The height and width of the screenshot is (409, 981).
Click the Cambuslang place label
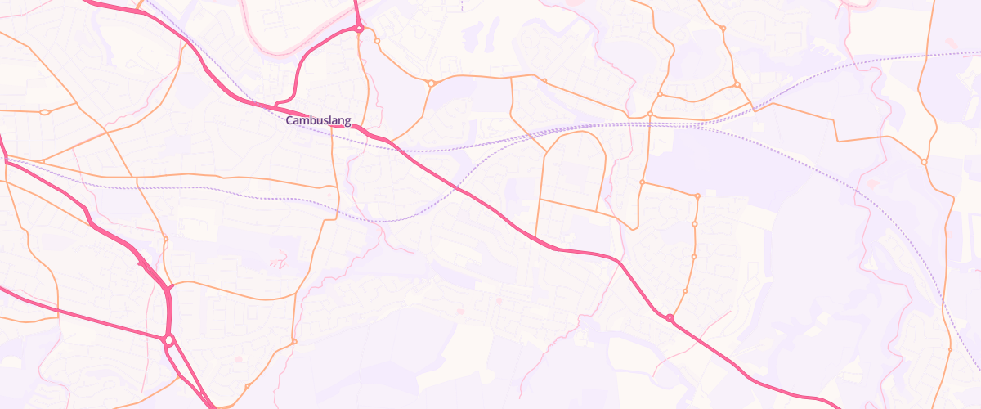[318, 121]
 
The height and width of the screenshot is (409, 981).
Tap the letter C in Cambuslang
[289, 121]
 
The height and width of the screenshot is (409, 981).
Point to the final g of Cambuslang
[347, 122]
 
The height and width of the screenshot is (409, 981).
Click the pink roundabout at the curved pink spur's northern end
[359, 28]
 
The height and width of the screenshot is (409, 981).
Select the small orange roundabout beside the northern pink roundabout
[377, 40]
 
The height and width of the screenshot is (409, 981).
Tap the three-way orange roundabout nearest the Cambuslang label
[431, 83]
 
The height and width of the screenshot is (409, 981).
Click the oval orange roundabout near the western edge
[45, 111]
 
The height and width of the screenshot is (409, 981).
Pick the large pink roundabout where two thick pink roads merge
[168, 339]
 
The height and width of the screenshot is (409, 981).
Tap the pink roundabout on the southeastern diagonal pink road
[670, 318]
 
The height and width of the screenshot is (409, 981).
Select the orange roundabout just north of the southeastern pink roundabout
[685, 291]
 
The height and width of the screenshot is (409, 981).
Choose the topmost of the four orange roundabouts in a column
[697, 196]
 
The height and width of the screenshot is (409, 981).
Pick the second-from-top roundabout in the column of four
[695, 224]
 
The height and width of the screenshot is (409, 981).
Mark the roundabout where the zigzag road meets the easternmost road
[924, 162]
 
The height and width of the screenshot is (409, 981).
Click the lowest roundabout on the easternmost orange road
[949, 349]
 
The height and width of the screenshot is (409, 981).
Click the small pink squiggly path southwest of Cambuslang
[278, 258]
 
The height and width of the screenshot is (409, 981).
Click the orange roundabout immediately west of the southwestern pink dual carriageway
[165, 239]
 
